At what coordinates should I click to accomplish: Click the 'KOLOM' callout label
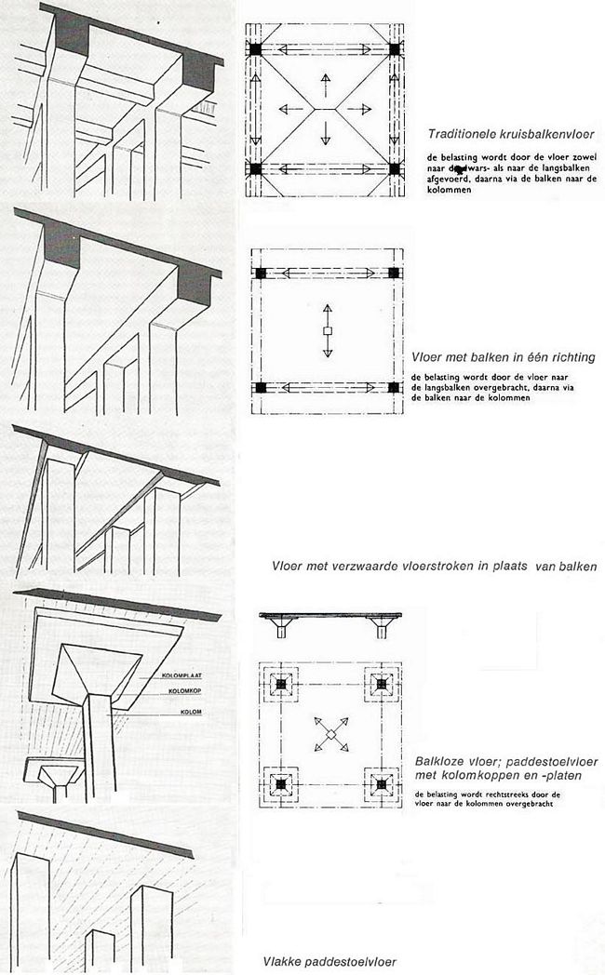click(x=167, y=714)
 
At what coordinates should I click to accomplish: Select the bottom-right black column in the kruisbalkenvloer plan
click(x=396, y=169)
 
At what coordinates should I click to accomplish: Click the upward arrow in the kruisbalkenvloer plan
click(x=326, y=81)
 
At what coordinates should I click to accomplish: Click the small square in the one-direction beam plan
click(x=327, y=331)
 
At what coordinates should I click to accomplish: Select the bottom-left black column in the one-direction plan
click(x=261, y=386)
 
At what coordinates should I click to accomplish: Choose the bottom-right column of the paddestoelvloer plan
click(x=381, y=784)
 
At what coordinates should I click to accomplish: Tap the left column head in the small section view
click(x=281, y=629)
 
